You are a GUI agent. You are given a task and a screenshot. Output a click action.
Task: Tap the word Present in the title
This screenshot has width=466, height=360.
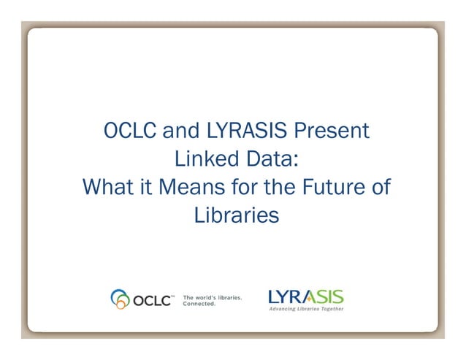pos(334,131)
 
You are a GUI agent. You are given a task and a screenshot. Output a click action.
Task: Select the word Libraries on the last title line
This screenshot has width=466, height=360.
pos(237,215)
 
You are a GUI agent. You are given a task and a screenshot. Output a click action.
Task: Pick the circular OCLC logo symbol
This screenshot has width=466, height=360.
pos(120,298)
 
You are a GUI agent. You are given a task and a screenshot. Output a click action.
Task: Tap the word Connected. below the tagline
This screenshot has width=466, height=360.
pos(199,303)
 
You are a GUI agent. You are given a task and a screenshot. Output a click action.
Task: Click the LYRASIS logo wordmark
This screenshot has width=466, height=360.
pos(305,296)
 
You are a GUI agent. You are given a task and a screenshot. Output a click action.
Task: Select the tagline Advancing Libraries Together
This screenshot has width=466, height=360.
pos(306,309)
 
